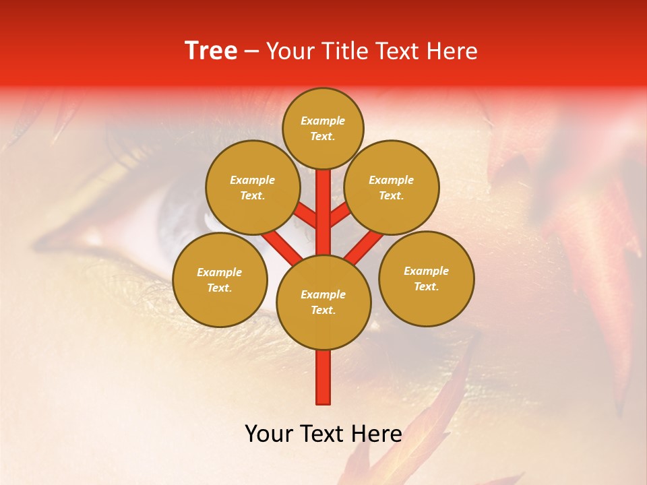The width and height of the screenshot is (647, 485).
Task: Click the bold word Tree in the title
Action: pyautogui.click(x=211, y=51)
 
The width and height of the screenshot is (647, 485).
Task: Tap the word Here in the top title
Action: pyautogui.click(x=452, y=51)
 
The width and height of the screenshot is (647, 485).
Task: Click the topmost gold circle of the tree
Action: pyautogui.click(x=323, y=128)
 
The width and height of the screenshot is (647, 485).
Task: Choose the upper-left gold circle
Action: pyautogui.click(x=252, y=187)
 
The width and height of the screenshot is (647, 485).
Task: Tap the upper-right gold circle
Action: pyautogui.click(x=392, y=187)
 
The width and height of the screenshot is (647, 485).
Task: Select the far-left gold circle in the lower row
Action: pyautogui.click(x=220, y=280)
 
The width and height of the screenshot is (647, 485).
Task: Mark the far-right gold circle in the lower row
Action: pyautogui.click(x=426, y=278)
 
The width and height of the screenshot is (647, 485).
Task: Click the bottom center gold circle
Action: pyautogui.click(x=323, y=302)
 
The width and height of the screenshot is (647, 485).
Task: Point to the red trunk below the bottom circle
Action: pyautogui.click(x=323, y=377)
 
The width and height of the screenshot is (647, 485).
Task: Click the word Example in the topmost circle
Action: pyautogui.click(x=323, y=121)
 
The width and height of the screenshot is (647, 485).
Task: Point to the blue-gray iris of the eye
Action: pyautogui.click(x=179, y=216)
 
